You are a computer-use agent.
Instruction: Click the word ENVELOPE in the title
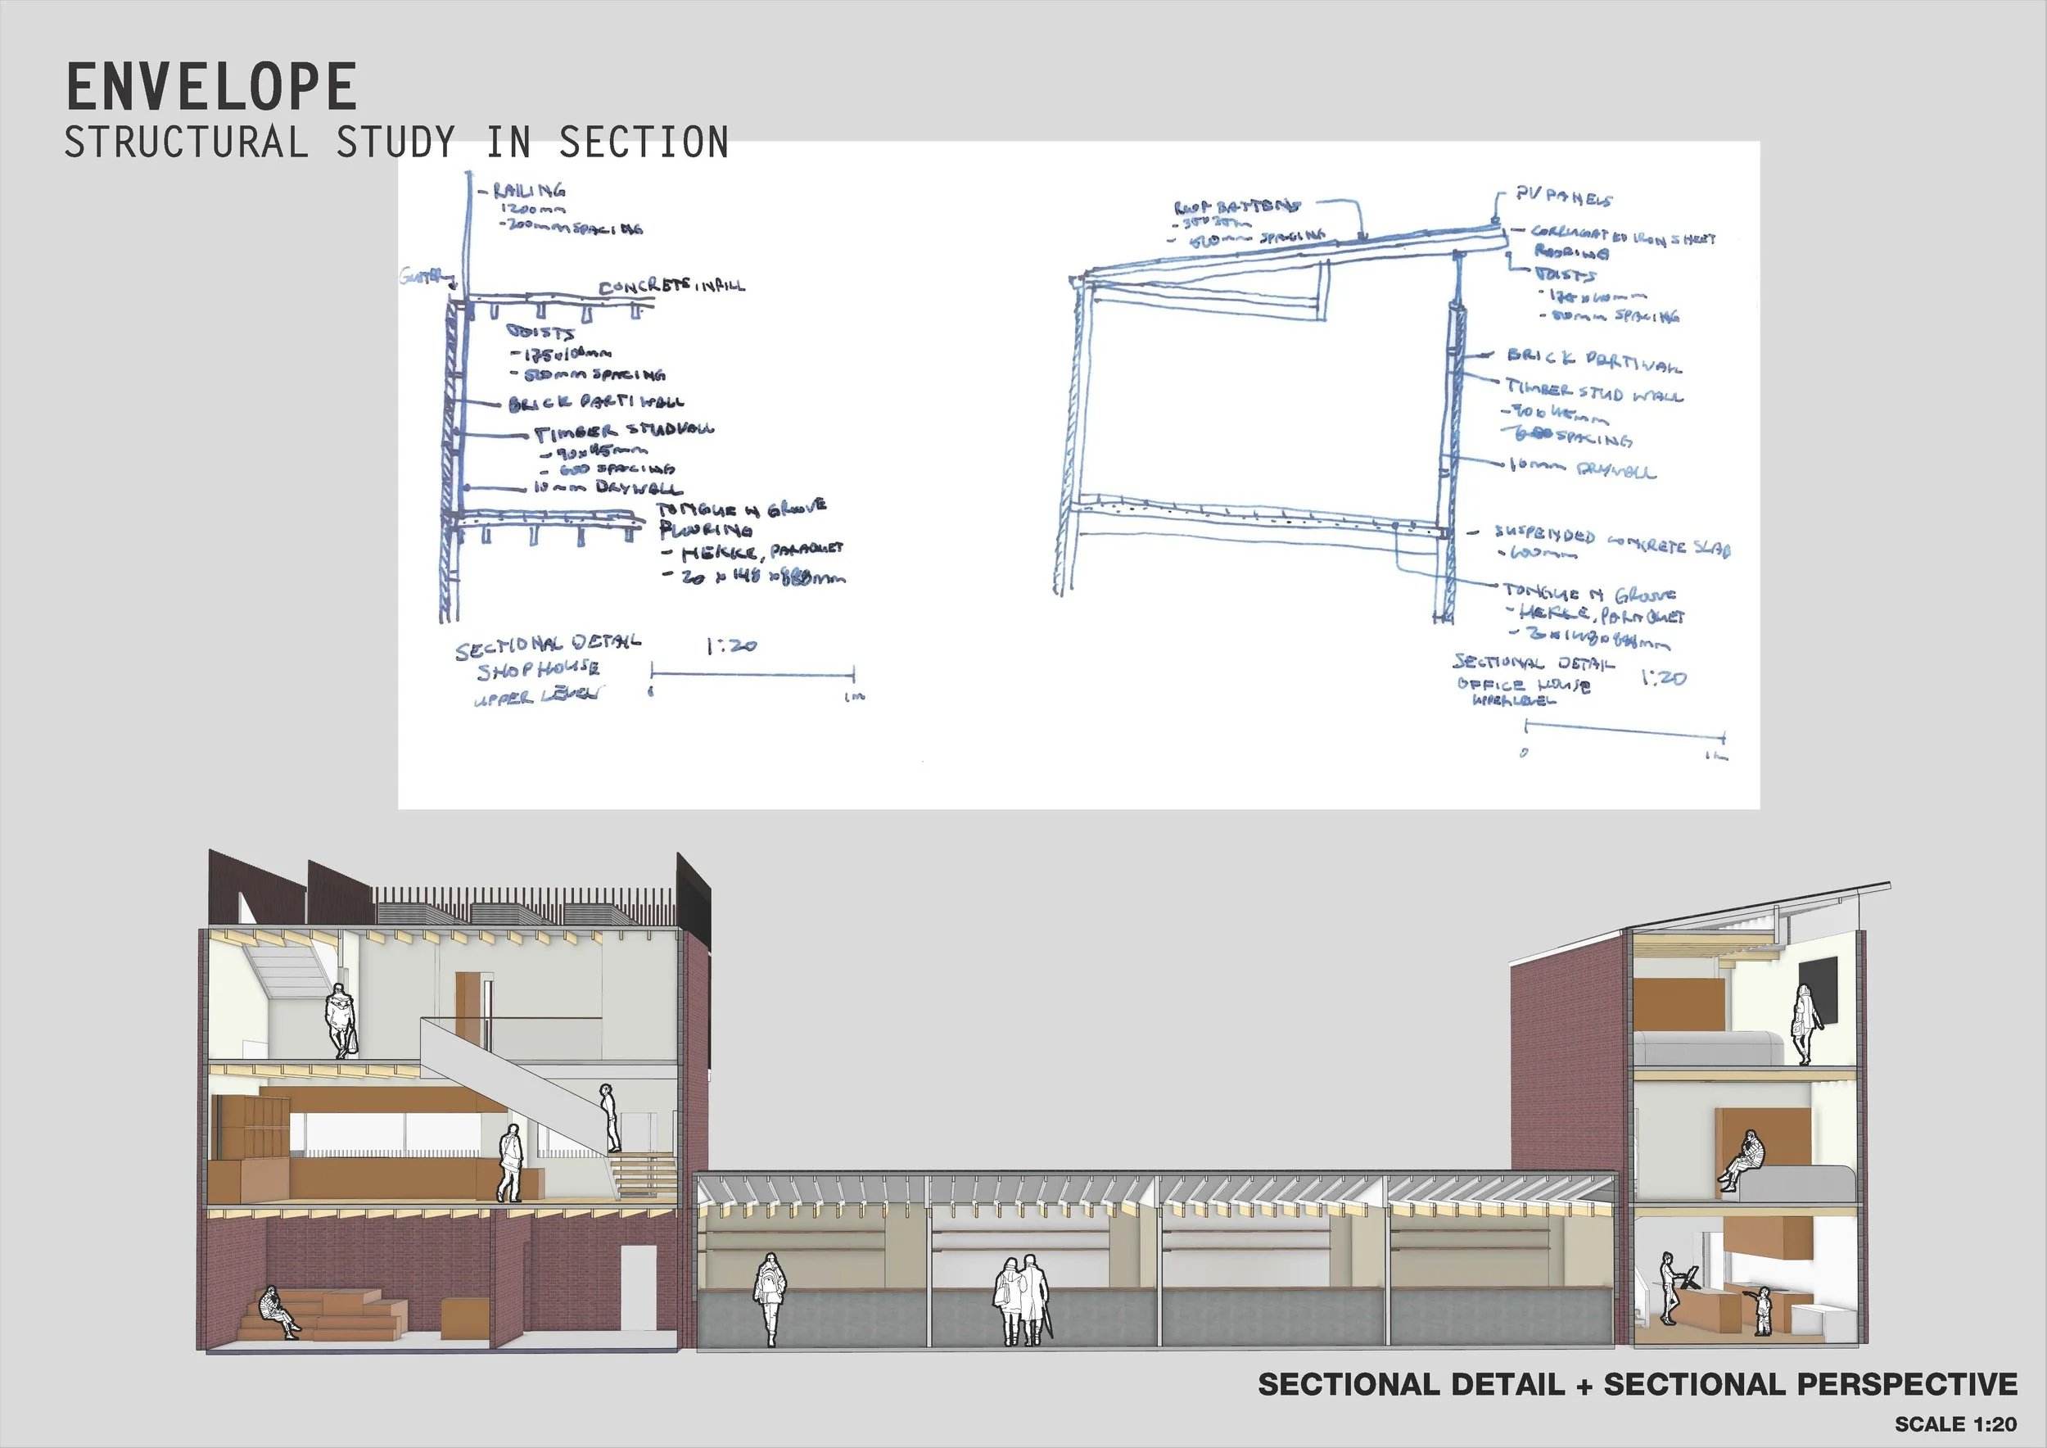[x=211, y=88]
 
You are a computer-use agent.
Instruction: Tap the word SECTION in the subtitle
[x=644, y=143]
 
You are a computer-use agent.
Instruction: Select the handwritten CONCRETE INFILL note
[x=671, y=286]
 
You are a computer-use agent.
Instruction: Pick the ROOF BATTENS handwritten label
[x=1236, y=207]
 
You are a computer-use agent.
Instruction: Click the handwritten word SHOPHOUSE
[x=538, y=670]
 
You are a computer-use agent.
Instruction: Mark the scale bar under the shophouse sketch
[x=752, y=673]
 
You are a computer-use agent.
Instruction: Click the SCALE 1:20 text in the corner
[x=1955, y=1424]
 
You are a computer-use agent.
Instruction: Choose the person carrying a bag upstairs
[x=341, y=1021]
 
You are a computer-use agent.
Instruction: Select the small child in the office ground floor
[x=1763, y=1310]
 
